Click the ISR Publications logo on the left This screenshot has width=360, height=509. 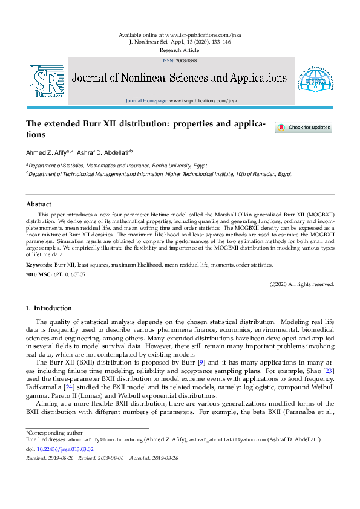[47, 81]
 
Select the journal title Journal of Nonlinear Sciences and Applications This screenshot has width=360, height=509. [180, 78]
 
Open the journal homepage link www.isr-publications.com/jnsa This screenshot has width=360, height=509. [203, 100]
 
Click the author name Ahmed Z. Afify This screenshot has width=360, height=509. [46, 152]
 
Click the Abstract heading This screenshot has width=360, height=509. [39, 204]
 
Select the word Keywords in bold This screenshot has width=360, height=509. [39, 265]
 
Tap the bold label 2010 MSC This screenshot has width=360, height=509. [39, 274]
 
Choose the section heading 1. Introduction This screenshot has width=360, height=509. [50, 308]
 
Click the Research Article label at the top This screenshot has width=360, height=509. [180, 50]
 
